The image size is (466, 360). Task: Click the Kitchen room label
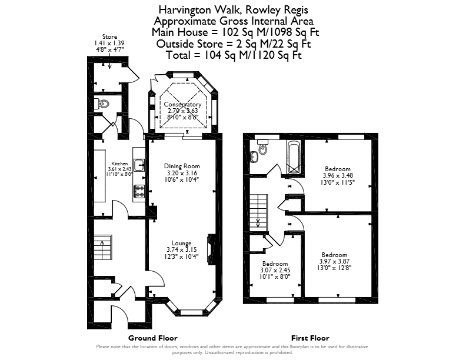[119, 164]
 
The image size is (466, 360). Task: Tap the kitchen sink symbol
[139, 165]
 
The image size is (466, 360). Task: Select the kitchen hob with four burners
[139, 191]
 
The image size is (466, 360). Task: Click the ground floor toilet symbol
[101, 104]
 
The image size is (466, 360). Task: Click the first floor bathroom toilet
[263, 147]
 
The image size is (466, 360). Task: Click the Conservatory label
[182, 105]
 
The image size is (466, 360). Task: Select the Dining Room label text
[182, 166]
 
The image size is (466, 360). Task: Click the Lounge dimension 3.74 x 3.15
[182, 250]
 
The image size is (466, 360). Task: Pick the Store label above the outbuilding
[109, 37]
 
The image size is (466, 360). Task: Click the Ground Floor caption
[153, 338]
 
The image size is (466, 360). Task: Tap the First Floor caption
[310, 338]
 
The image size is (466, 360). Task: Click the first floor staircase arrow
[258, 221]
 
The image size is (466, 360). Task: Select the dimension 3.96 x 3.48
[338, 175]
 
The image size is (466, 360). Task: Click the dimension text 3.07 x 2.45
[275, 271]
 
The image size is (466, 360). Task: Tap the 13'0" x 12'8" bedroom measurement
[335, 268]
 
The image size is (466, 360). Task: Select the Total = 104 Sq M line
[234, 55]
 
